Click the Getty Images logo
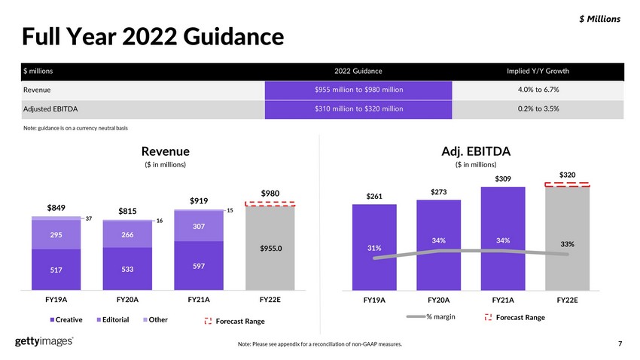click(x=44, y=341)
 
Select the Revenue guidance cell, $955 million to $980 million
click(x=358, y=90)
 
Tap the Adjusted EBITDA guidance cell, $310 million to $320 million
click(x=358, y=109)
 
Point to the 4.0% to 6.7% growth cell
click(x=538, y=90)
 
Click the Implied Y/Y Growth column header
click(x=538, y=71)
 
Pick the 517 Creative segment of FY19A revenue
click(x=56, y=270)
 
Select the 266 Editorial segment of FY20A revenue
click(x=127, y=235)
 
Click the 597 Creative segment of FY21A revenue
click(x=199, y=266)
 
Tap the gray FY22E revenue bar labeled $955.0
click(x=270, y=249)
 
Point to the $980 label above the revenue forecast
click(x=270, y=194)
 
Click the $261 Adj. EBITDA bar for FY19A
click(x=374, y=247)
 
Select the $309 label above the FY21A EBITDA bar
click(x=503, y=178)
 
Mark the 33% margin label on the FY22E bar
click(x=568, y=244)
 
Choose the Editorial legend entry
click(x=113, y=319)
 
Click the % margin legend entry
click(x=431, y=317)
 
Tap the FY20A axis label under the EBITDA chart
click(x=439, y=300)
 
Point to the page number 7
click(x=620, y=343)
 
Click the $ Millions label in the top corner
click(x=599, y=19)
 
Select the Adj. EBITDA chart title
click(x=476, y=151)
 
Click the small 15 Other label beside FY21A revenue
click(x=230, y=211)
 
